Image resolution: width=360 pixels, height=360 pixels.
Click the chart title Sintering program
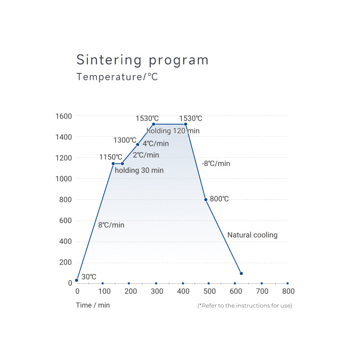point(142,60)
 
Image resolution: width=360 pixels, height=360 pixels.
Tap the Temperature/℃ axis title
point(117,77)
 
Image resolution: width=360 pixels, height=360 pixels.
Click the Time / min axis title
point(92,305)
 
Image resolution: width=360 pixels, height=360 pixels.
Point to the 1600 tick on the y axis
point(63,116)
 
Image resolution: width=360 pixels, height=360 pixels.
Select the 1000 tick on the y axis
point(63,179)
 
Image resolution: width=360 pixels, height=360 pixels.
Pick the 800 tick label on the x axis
point(288,292)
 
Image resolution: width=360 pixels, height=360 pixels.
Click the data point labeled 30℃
point(76,280)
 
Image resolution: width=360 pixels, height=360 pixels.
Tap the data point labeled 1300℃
point(138,144)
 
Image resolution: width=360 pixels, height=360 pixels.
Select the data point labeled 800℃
point(206,199)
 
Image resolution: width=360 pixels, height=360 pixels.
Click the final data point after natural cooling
point(241,273)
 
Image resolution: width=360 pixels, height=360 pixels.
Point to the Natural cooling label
point(252,235)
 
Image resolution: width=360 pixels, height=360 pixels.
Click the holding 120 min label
point(173,131)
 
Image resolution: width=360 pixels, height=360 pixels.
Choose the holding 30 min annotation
point(139,171)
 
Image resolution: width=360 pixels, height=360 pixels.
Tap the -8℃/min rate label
point(216,164)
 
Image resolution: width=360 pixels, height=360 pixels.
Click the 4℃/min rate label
point(156,144)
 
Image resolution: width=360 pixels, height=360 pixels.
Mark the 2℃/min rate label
point(146,155)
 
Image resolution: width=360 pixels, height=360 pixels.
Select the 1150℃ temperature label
point(111,157)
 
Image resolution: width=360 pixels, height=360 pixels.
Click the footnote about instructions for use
point(245,306)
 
